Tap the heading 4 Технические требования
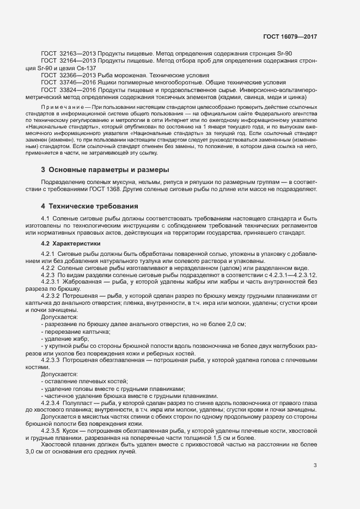pyautogui.click(x=90, y=206)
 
